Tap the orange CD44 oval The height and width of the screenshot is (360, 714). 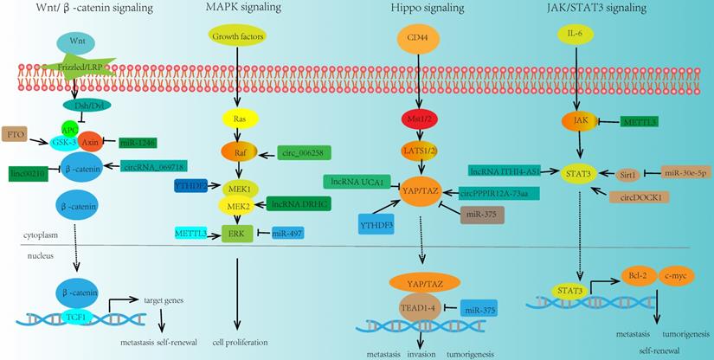coord(417,39)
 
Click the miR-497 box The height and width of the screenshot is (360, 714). coord(284,234)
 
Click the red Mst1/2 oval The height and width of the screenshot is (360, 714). coord(416,118)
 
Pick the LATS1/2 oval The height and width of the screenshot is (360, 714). coord(417,151)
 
